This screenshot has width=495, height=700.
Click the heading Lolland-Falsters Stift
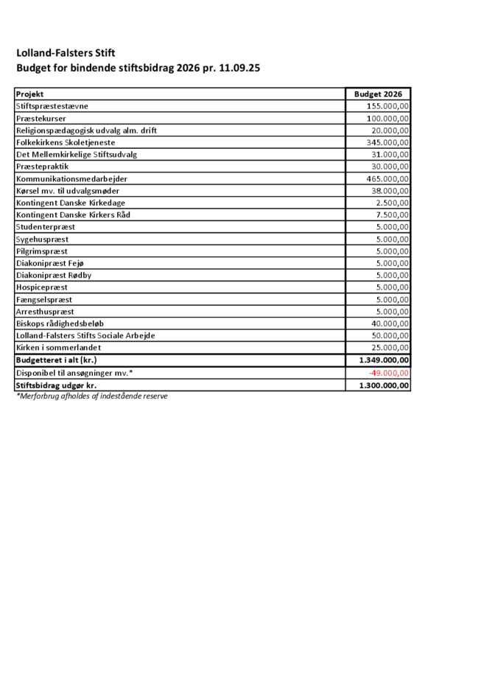click(66, 53)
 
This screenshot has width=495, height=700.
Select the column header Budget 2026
click(378, 94)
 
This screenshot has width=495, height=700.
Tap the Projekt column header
click(30, 94)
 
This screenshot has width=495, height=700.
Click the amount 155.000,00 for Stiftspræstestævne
click(387, 106)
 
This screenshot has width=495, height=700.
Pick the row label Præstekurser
click(42, 119)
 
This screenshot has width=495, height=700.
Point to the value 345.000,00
click(387, 142)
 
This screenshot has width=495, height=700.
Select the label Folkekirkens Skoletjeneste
click(66, 142)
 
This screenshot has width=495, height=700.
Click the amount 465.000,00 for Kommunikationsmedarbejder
click(387, 178)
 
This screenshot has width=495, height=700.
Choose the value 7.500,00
click(392, 214)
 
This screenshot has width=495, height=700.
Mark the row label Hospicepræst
click(42, 287)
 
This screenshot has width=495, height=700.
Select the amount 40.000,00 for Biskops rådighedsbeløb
click(390, 323)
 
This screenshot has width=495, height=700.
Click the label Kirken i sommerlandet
click(58, 348)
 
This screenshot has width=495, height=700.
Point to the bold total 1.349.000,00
click(384, 360)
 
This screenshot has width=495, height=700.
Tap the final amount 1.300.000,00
click(384, 385)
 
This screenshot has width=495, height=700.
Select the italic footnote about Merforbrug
click(92, 396)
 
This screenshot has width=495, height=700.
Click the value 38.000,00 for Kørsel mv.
click(390, 190)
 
